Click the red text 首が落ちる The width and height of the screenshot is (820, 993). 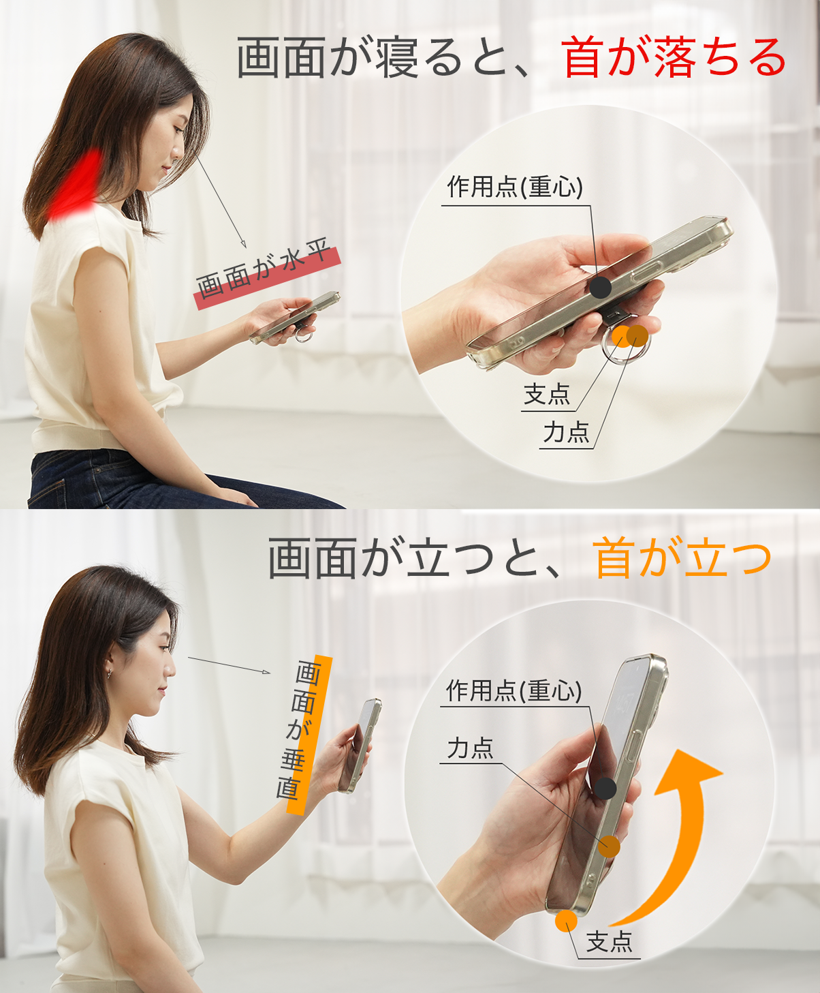click(x=674, y=58)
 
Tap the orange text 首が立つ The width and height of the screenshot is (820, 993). click(x=683, y=558)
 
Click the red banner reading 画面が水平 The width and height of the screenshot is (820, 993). click(x=267, y=273)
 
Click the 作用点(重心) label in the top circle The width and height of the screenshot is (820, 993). click(x=515, y=187)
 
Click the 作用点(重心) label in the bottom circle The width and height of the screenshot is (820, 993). click(x=514, y=691)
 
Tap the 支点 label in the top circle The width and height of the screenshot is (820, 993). click(x=546, y=395)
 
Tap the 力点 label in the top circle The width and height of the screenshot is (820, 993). click(x=565, y=432)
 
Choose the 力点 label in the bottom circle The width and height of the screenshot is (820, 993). click(x=470, y=748)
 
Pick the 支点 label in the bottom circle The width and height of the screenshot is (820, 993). click(x=609, y=943)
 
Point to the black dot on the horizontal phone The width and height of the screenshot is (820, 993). click(x=600, y=287)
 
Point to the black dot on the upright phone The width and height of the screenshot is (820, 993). click(x=605, y=789)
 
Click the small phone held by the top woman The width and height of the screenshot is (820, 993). click(x=294, y=317)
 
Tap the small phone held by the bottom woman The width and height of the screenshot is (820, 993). click(x=361, y=744)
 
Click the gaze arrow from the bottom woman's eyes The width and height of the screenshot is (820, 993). click(x=229, y=665)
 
